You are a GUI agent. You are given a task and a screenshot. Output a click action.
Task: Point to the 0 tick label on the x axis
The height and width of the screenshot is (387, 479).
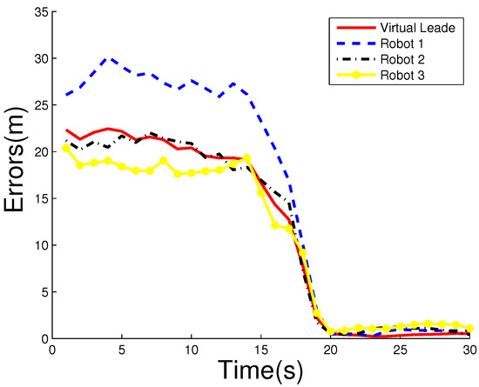53,350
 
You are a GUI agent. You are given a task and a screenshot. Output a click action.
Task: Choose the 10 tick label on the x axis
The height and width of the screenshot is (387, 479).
191,350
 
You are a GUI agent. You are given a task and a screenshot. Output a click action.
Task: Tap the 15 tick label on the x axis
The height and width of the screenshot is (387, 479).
260,350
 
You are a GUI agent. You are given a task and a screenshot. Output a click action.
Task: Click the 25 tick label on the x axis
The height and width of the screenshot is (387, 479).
400,350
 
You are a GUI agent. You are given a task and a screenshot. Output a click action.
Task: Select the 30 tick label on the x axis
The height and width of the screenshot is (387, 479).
469,350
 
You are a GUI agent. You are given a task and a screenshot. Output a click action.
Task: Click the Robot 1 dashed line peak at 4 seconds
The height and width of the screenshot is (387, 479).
108,58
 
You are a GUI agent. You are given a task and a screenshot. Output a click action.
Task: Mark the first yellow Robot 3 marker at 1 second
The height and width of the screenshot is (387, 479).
67,148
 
